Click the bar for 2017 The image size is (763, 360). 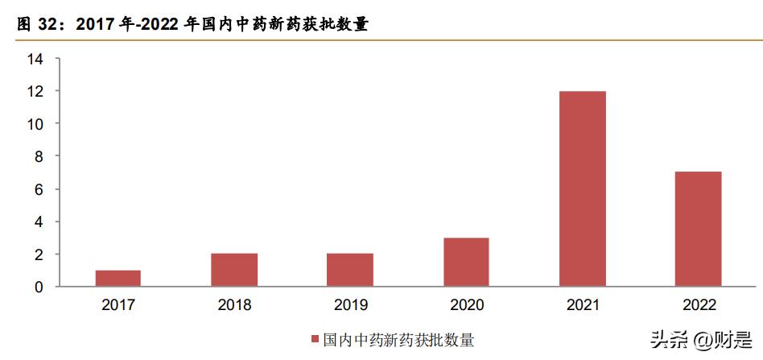point(118,278)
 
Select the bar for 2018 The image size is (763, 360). point(234,270)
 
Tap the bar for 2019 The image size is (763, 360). point(350,270)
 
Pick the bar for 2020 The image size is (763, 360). point(466,262)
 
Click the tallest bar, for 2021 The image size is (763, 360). point(582,188)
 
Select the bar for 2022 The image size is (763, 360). point(698,229)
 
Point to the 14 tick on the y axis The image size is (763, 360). point(34,59)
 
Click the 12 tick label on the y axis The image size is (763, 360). point(34,91)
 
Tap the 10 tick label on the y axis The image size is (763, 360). point(34,124)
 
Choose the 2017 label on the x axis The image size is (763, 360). point(118,305)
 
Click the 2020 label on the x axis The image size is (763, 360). point(466,305)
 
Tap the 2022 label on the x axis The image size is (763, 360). point(698,305)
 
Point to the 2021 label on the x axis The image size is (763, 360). point(582,305)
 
